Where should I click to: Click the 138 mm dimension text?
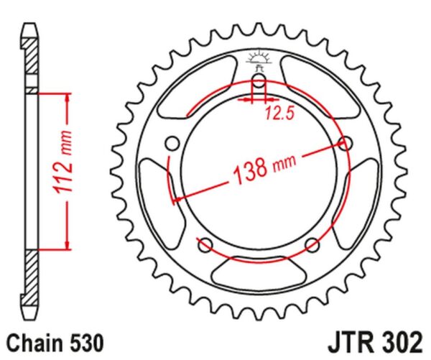[x=264, y=168]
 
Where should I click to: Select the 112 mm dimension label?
[x=64, y=162]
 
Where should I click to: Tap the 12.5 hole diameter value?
[x=280, y=114]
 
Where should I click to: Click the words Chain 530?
[x=55, y=343]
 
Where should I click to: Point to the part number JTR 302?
[x=375, y=343]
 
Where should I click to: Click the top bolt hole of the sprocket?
[x=259, y=80]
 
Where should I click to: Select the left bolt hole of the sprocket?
[x=173, y=143]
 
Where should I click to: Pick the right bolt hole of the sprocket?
[x=346, y=143]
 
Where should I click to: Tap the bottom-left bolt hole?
[x=205, y=245]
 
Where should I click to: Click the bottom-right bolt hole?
[x=312, y=245]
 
